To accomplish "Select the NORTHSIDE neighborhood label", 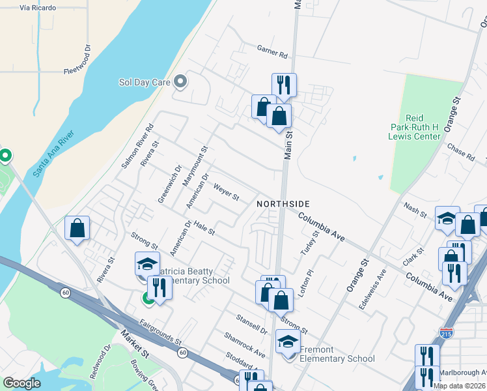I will (282, 204).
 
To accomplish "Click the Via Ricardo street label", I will (35, 8).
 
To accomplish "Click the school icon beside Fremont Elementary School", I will (288, 341).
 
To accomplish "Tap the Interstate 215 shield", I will (447, 332).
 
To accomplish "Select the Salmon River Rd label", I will (137, 147).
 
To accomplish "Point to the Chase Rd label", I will (461, 152).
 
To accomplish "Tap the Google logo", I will (21, 383).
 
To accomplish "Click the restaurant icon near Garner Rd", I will (284, 84).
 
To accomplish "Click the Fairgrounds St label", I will (160, 331).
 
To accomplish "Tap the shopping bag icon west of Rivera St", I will (77, 228).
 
